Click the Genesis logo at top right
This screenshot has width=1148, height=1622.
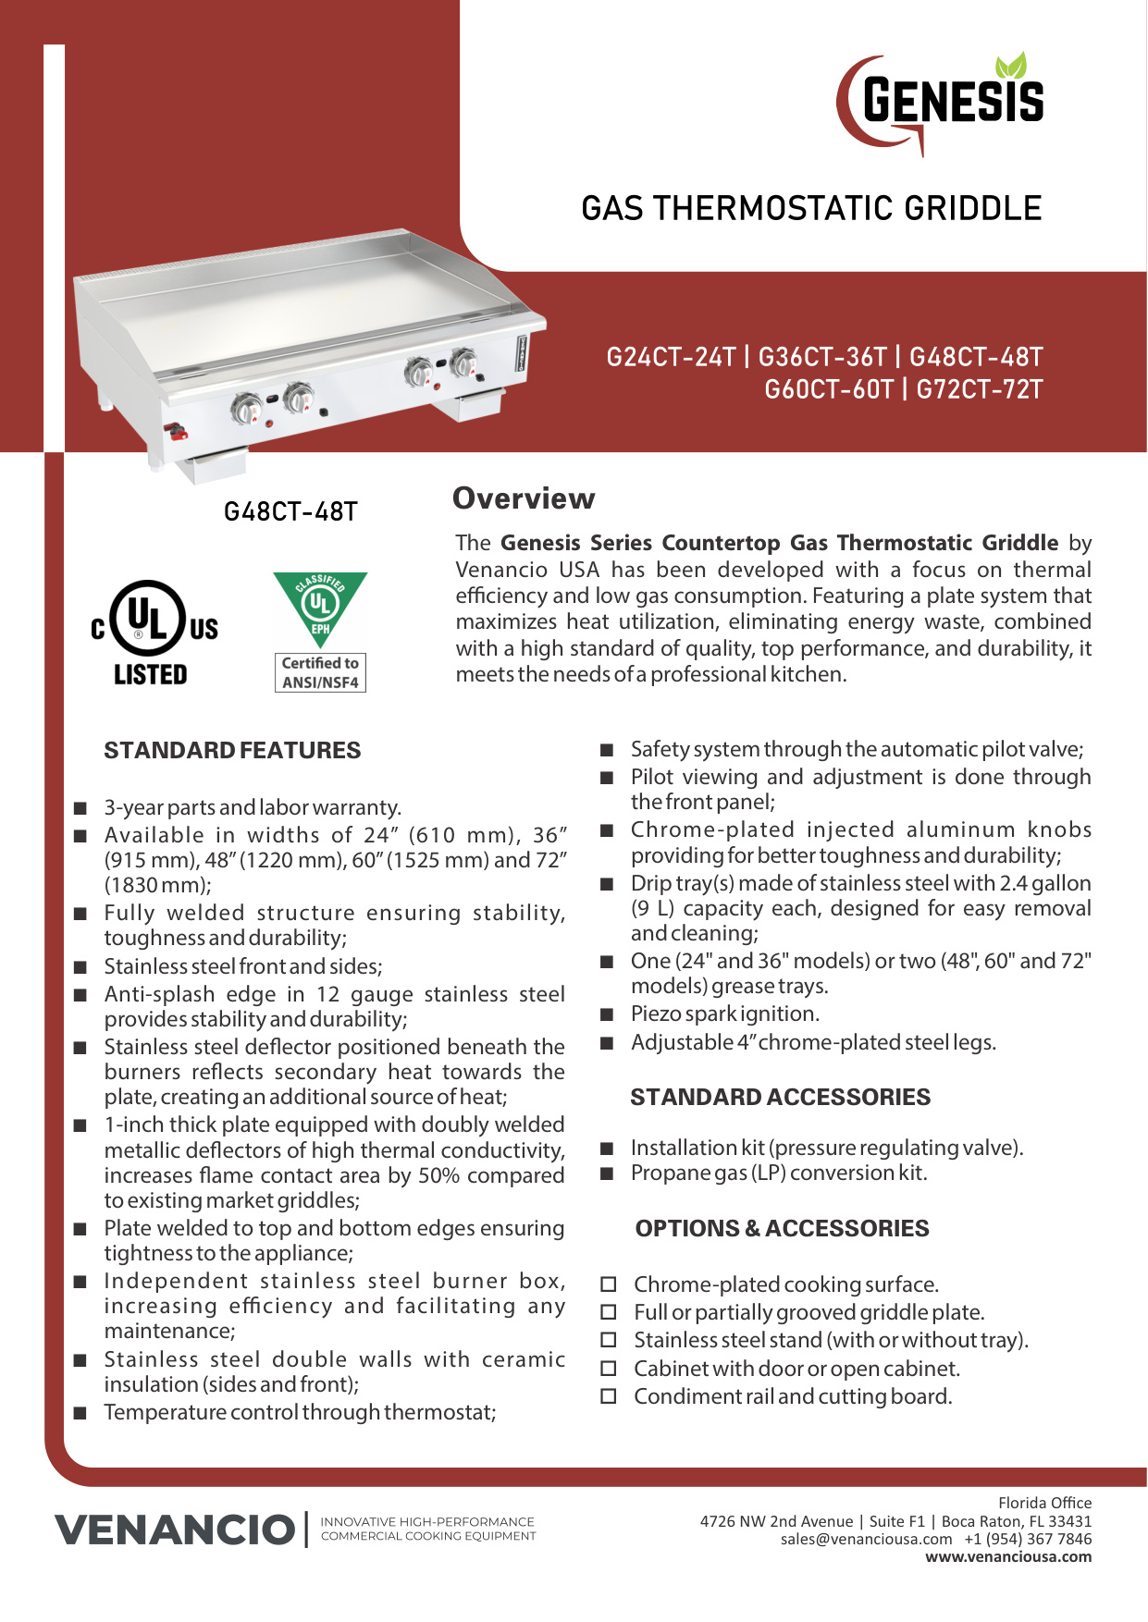point(942,102)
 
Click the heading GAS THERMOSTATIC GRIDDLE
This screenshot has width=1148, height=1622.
point(811,209)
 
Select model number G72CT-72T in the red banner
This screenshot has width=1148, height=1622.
point(979,389)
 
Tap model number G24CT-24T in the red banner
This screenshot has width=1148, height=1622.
point(671,357)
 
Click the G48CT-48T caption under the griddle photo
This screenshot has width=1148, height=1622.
point(290,511)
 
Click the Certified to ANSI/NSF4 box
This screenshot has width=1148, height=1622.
point(320,672)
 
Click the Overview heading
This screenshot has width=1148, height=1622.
point(524,498)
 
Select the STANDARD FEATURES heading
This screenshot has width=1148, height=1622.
point(232,750)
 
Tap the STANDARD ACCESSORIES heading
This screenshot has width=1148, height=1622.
point(780,1097)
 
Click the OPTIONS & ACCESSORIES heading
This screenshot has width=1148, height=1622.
point(782,1228)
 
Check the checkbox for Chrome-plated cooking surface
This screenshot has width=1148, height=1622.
point(609,1284)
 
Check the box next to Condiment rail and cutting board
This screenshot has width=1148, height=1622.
point(609,1396)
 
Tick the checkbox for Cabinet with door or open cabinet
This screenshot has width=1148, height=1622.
point(609,1369)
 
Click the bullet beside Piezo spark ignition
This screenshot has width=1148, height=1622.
point(607,1014)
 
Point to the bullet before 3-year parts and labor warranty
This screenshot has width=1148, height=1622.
point(80,808)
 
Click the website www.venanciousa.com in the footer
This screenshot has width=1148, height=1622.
point(1008,1557)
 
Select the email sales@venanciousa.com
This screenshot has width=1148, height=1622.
point(866,1539)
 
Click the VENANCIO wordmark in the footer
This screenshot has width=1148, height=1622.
point(174,1530)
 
